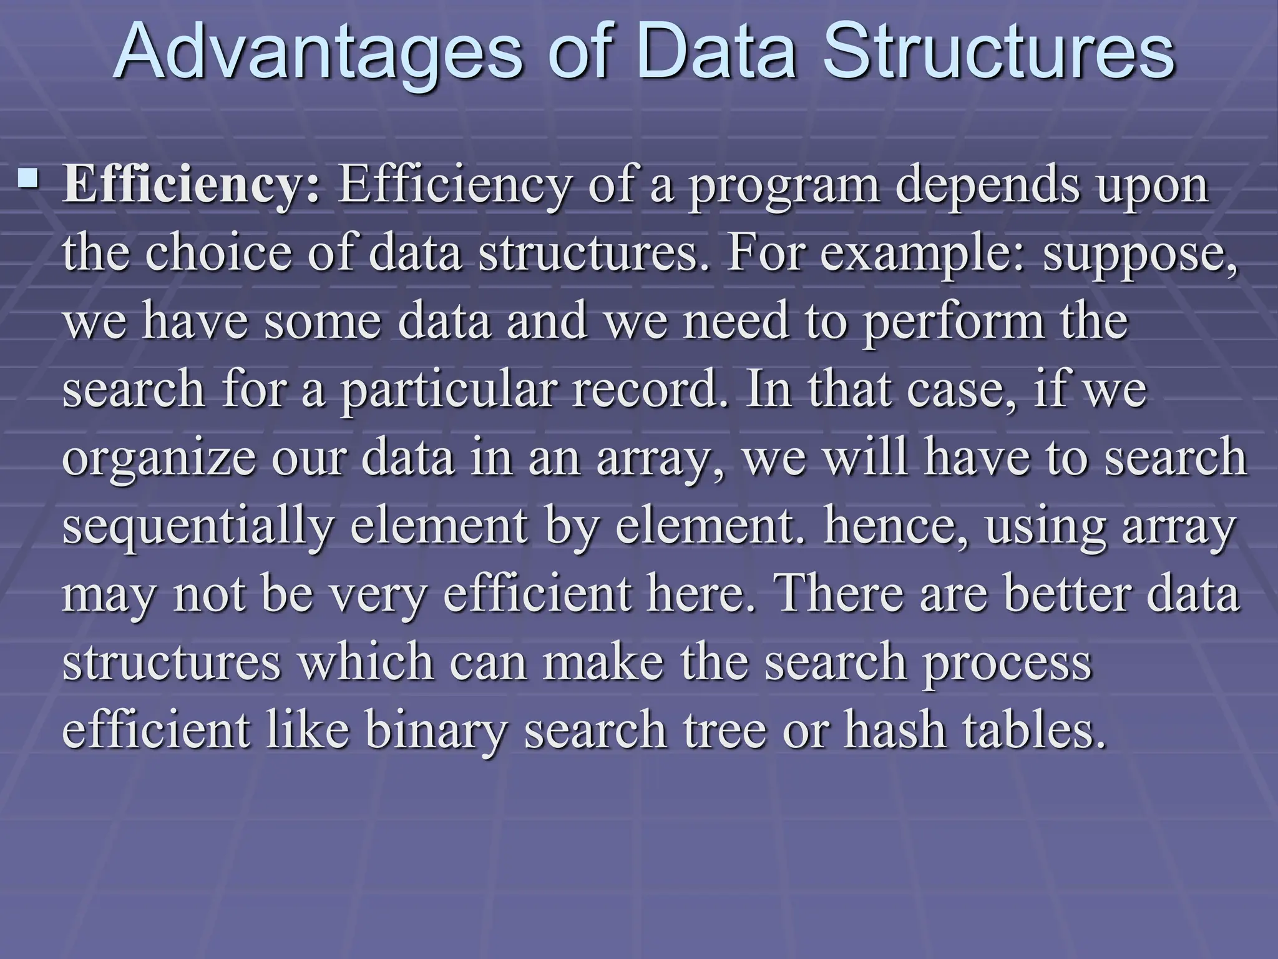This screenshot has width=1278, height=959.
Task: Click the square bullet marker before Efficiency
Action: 27,180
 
